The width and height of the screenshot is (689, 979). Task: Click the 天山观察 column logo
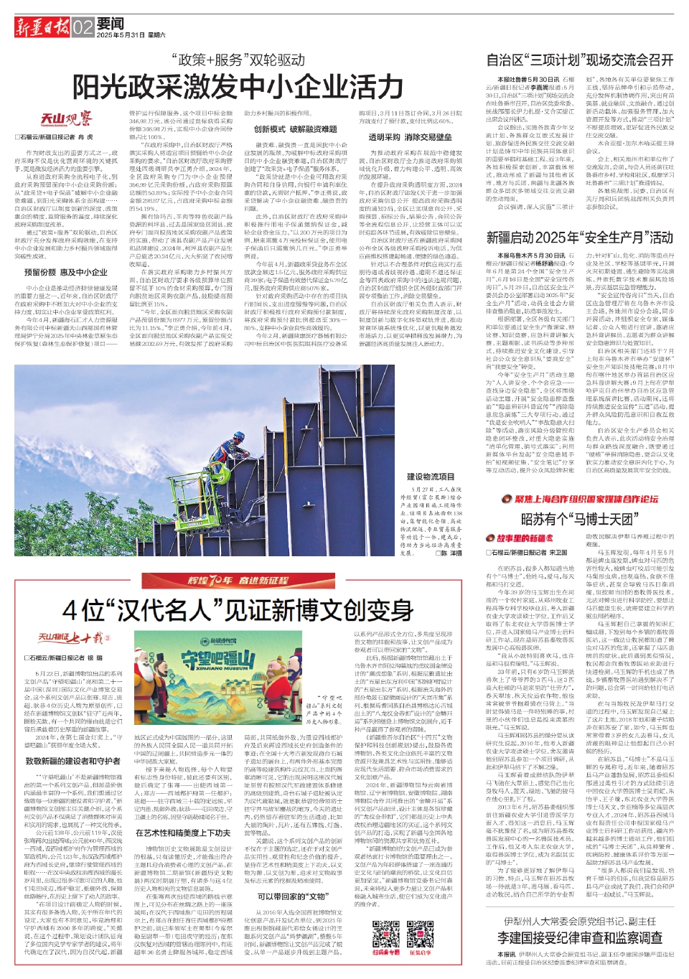click(66, 118)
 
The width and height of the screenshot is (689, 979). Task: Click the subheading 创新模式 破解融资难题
click(295, 129)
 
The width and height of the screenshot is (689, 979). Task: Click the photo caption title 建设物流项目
click(430, 477)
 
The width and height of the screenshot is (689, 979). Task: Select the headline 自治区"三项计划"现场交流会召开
click(580, 60)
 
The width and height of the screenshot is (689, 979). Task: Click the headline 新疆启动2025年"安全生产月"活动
click(580, 238)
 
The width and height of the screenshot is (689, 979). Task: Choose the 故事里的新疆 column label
click(520, 538)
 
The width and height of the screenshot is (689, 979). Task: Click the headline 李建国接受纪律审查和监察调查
click(579, 937)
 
